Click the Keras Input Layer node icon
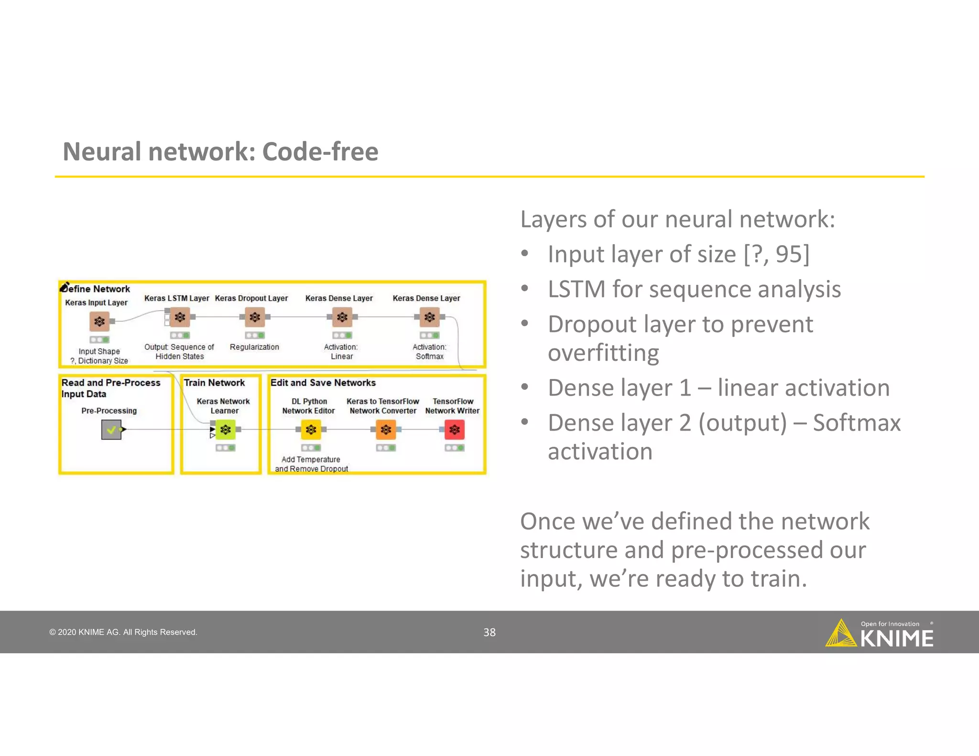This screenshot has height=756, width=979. point(99,322)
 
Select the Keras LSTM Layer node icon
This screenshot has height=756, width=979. point(180,317)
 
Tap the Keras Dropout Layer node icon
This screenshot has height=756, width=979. point(255,317)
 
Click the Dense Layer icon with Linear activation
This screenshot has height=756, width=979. point(342,317)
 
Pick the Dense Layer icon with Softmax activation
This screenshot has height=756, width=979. point(430,317)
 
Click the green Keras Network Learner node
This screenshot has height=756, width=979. point(226,430)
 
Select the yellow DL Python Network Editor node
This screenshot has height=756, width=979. point(311,430)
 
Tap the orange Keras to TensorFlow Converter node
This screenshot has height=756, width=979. point(386,430)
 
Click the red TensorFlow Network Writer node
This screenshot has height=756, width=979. point(455,430)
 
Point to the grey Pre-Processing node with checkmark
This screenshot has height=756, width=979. point(111,430)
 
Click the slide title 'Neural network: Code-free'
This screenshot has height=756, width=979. point(220,152)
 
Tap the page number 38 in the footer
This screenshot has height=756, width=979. point(489,632)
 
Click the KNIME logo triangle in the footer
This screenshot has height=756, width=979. point(840,634)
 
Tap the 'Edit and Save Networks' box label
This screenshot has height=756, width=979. point(323,383)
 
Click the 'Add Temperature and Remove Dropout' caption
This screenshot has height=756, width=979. point(311,464)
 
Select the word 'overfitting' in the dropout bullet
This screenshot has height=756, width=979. point(603,353)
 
